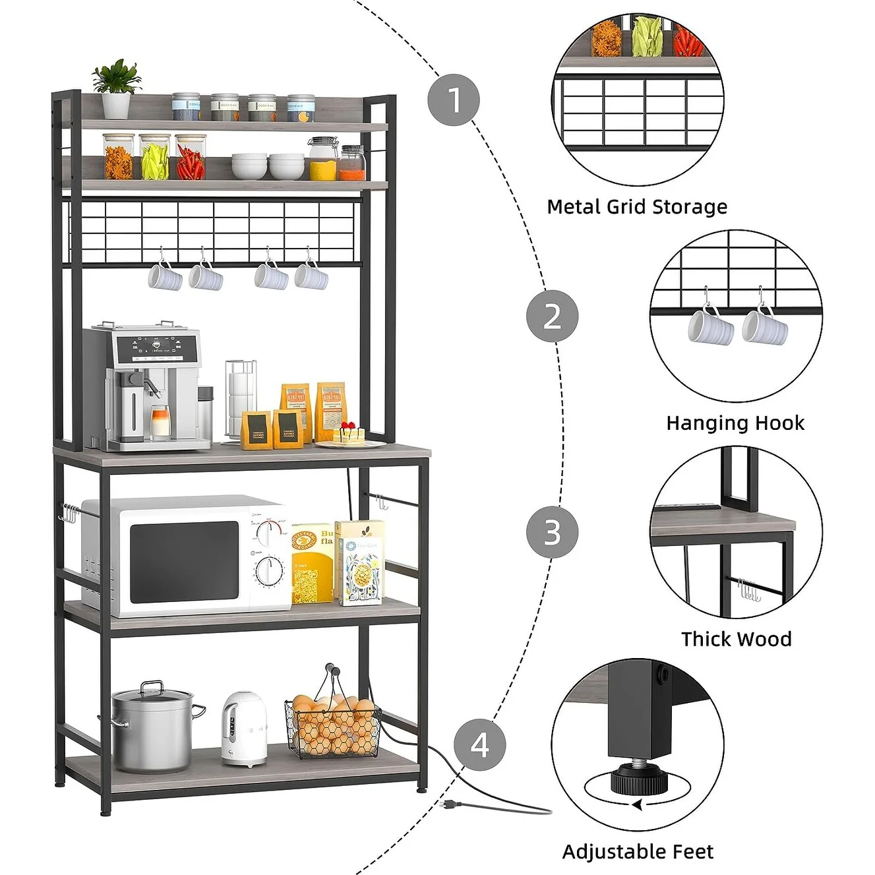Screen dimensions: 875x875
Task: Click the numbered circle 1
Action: (x=454, y=100)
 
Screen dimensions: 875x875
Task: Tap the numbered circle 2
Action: (x=552, y=316)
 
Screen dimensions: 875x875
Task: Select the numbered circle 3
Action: (x=552, y=532)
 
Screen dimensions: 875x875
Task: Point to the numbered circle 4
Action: (x=479, y=744)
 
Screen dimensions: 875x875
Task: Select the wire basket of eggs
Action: (x=332, y=723)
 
